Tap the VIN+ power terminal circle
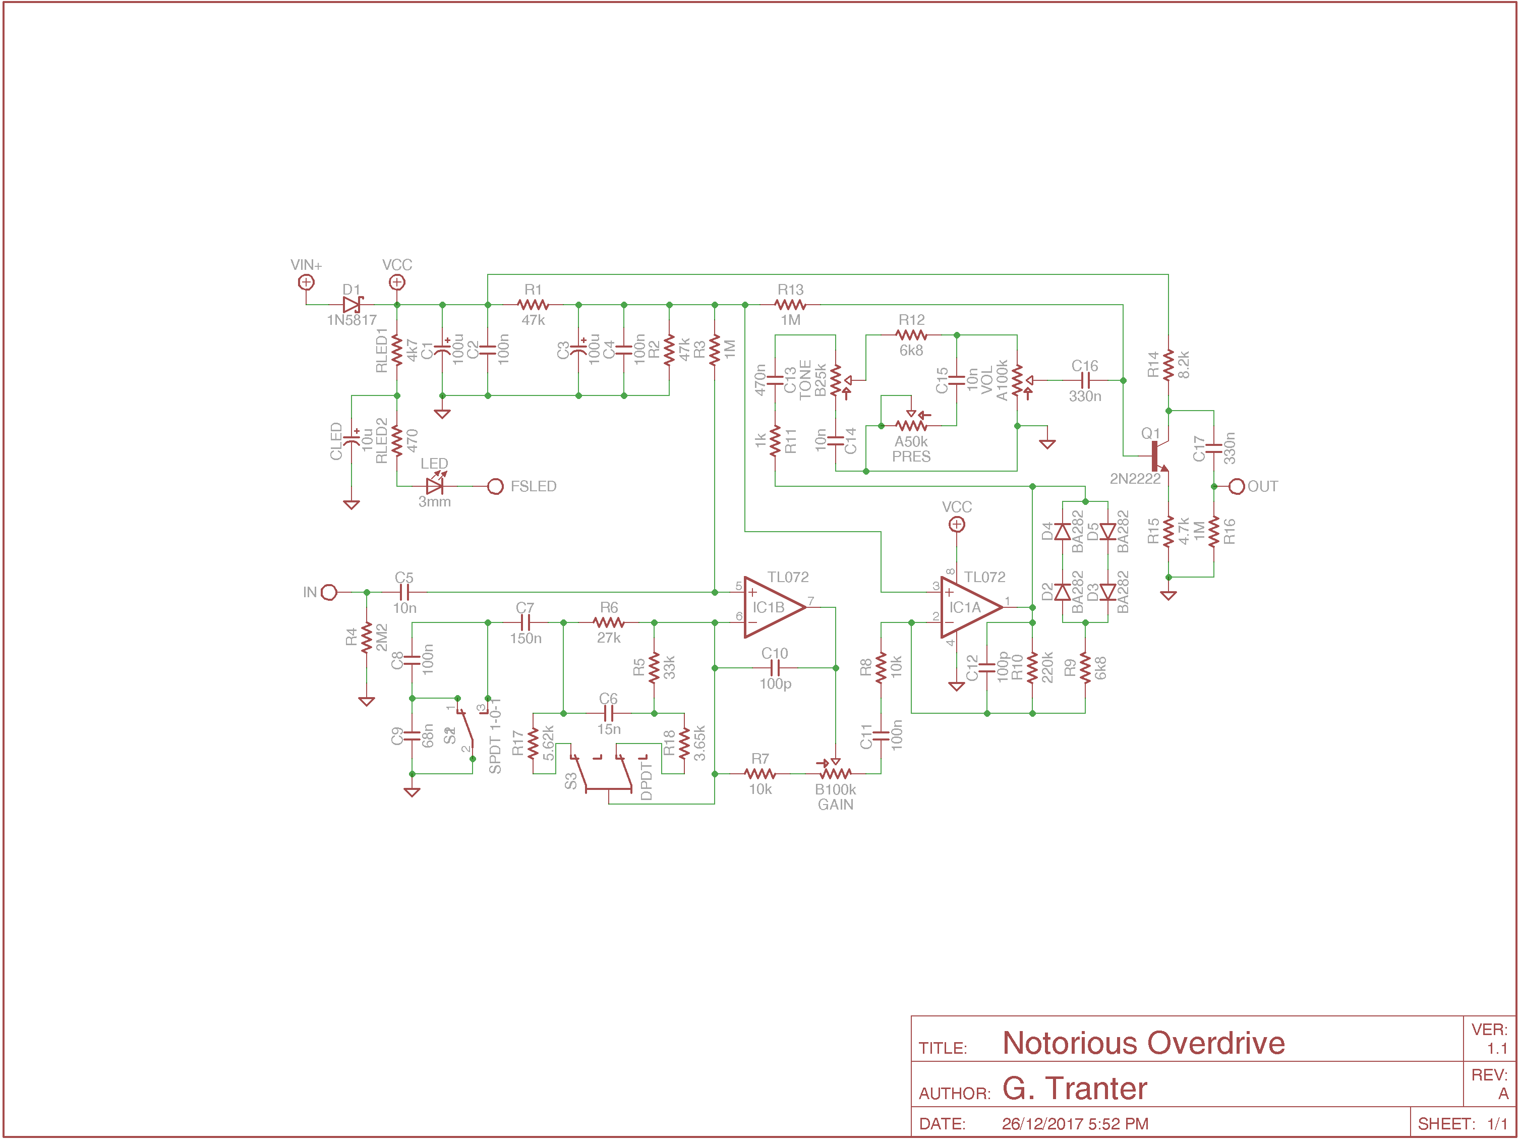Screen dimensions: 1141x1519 [x=306, y=282]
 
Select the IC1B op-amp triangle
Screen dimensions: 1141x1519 [x=773, y=607]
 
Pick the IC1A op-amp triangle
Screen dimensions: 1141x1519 [x=969, y=607]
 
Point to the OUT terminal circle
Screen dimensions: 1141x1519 [x=1237, y=486]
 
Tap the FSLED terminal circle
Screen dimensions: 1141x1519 [x=495, y=486]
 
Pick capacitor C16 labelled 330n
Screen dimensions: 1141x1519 [x=1085, y=380]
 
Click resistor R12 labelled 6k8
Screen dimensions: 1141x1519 [x=911, y=335]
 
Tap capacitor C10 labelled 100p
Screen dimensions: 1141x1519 [x=775, y=668]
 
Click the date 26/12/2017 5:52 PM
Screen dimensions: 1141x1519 [x=1075, y=1124]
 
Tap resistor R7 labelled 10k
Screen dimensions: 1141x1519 [x=759, y=773]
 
